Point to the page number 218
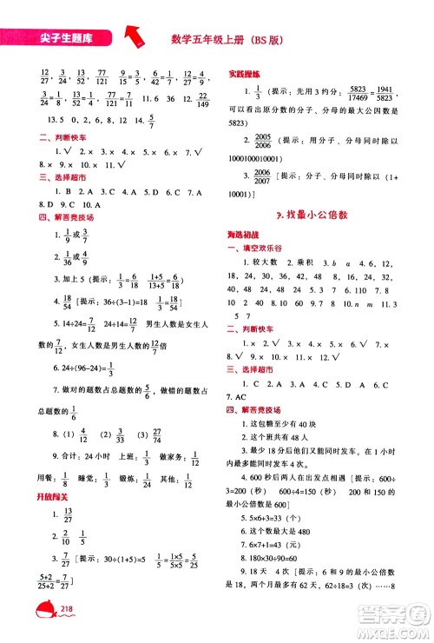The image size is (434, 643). (x=67, y=614)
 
